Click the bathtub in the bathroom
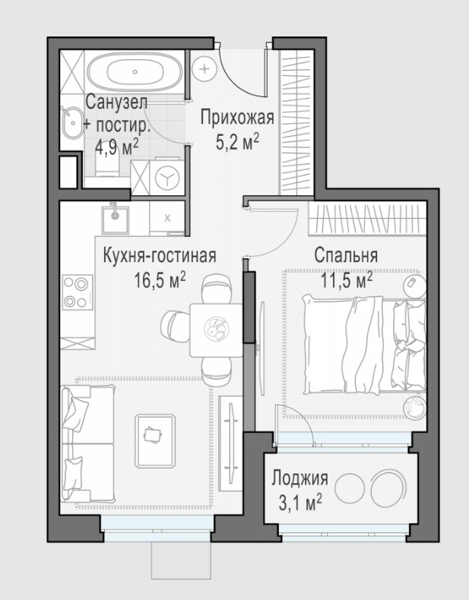[x=135, y=71]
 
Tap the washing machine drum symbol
[x=167, y=177]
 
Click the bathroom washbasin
[x=72, y=123]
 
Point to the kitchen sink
[x=115, y=219]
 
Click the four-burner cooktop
[x=78, y=292]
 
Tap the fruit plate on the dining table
[x=217, y=329]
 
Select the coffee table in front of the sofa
[x=155, y=441]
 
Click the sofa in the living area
[x=87, y=444]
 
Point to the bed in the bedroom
[x=364, y=346]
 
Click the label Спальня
[x=346, y=255]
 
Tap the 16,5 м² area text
[x=160, y=280]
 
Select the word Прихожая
[x=237, y=118]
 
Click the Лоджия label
[x=300, y=478]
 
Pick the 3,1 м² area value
[x=300, y=503]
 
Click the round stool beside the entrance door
[x=204, y=69]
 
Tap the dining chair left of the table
[x=176, y=326]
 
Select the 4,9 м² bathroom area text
[x=117, y=148]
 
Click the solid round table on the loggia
[x=350, y=488]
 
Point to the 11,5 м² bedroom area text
[x=347, y=281]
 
